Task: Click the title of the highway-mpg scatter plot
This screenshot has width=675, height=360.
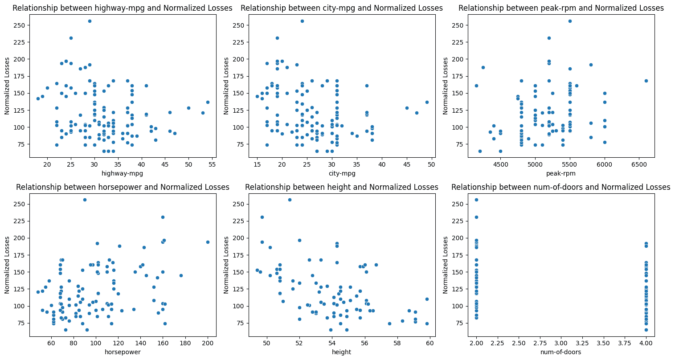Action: (x=123, y=8)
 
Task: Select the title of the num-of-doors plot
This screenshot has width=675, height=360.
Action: (x=560, y=187)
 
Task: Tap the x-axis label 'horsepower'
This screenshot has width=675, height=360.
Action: (x=123, y=352)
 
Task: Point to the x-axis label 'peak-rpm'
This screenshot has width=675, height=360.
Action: (x=561, y=173)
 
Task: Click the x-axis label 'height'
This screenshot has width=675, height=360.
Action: (x=341, y=352)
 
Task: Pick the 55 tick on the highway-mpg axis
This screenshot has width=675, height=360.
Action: (x=212, y=164)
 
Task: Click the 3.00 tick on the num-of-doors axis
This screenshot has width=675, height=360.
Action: (x=561, y=343)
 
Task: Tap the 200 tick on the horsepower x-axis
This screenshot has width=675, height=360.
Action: (x=208, y=343)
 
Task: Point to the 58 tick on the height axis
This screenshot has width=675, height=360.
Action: (x=397, y=343)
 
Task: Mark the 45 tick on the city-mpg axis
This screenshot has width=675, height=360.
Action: (x=406, y=164)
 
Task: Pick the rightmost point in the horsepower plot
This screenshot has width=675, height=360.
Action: (x=208, y=242)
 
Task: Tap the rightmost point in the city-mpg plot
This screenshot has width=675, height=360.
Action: (x=427, y=102)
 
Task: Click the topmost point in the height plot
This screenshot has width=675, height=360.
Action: (x=290, y=200)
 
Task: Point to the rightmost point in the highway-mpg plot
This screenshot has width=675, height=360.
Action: (x=208, y=102)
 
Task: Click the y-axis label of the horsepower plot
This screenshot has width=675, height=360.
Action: (x=7, y=265)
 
